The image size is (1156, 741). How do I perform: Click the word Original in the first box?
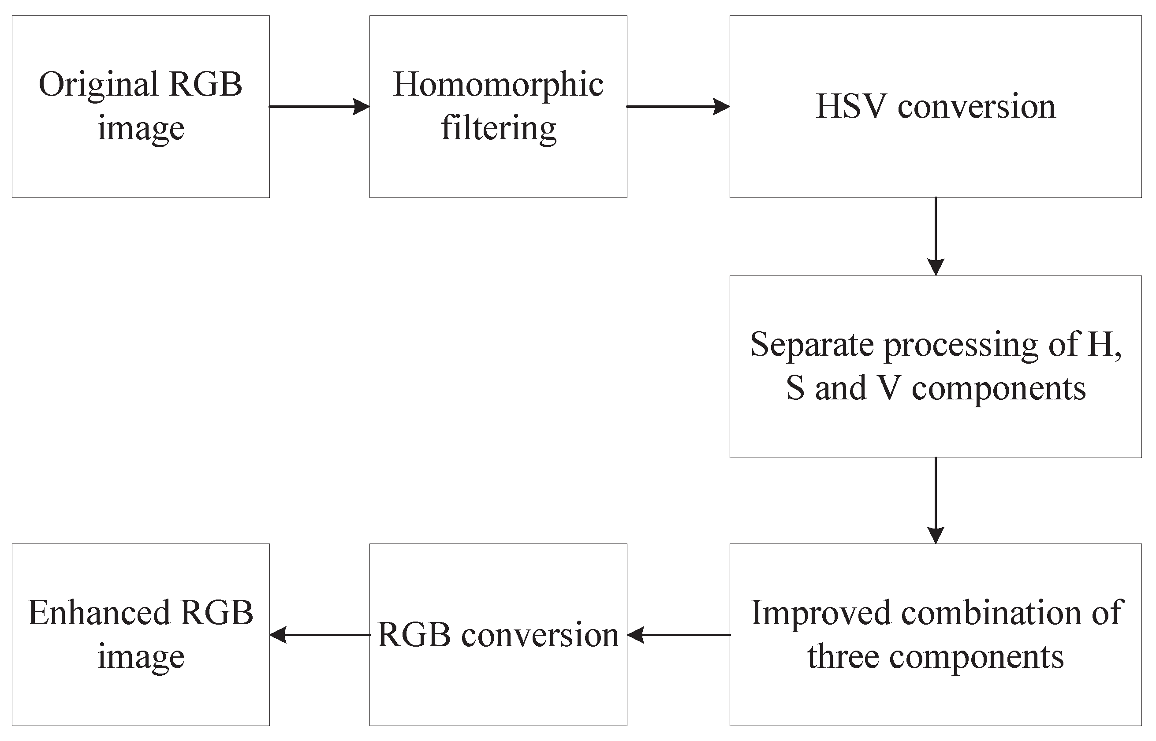(98, 85)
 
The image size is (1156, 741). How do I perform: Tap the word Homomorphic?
(498, 85)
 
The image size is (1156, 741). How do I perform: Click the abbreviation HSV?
(851, 106)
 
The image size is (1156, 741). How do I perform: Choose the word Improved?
(821, 614)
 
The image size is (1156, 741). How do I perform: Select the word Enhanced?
(99, 613)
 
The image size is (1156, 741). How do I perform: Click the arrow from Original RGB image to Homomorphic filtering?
(319, 106)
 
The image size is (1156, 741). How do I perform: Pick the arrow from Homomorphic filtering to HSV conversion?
(678, 106)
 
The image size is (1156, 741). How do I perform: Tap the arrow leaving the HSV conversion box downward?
(936, 236)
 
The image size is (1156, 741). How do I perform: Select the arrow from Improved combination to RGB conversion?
(679, 635)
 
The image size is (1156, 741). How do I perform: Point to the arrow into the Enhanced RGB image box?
(320, 635)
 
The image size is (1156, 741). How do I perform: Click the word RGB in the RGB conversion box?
(414, 635)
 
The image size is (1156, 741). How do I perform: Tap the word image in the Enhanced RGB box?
(141, 657)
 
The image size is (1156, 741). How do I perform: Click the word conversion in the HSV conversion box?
(977, 106)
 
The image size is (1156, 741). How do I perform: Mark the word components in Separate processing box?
(999, 388)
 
